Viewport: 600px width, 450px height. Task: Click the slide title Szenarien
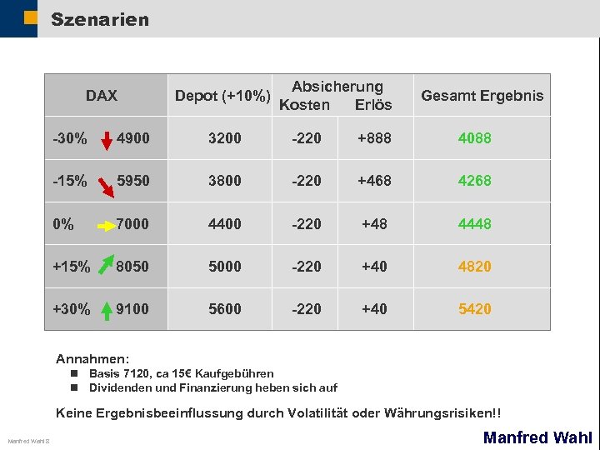100,18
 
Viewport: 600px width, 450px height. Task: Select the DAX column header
102,96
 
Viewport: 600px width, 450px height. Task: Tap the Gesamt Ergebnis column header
482,96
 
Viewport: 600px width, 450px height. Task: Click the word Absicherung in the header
337,87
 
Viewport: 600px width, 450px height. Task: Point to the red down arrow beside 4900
107,138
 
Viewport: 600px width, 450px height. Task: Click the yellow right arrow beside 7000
107,225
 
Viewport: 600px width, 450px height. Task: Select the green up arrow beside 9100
107,309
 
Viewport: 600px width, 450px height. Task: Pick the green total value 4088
475,139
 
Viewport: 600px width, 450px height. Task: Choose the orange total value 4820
475,267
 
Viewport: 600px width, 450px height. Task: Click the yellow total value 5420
475,309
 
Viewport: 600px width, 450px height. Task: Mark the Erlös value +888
374,139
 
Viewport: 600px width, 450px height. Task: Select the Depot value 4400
225,224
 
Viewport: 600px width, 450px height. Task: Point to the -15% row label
70,182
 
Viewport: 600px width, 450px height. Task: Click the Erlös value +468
374,182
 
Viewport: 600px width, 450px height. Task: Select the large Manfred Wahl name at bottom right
537,437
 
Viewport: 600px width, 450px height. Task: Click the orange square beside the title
31,18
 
